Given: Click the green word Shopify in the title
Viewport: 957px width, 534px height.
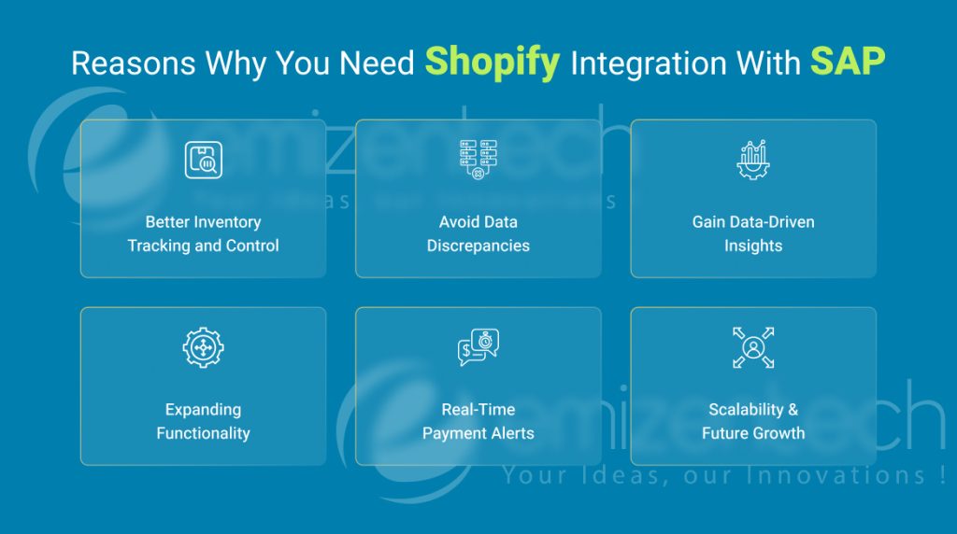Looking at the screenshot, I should tap(493, 62).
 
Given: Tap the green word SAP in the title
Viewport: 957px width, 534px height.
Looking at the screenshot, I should tap(848, 62).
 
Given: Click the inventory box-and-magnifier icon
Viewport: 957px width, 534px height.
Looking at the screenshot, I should tap(203, 161).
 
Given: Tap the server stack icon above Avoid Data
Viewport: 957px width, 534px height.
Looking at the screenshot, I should tap(478, 160).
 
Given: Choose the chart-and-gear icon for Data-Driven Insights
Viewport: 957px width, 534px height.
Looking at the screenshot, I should tap(752, 160).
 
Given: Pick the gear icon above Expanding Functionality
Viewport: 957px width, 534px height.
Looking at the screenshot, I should tap(203, 348).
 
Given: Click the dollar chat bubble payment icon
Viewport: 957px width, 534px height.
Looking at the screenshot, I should tap(478, 348).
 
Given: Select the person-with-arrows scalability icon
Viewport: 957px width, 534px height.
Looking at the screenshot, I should tap(752, 348).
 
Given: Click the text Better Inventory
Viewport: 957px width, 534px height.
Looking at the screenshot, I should tap(203, 222).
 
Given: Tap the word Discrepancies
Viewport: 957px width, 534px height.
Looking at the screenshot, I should tap(478, 246).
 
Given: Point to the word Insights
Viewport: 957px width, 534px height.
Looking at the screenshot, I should tap(752, 246).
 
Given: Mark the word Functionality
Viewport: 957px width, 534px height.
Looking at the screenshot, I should tap(203, 433).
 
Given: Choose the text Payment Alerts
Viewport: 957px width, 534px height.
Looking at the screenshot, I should tap(478, 433).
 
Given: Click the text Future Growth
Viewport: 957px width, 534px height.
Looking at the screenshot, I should tap(752, 433).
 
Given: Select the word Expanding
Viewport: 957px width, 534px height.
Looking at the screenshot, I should tap(203, 410).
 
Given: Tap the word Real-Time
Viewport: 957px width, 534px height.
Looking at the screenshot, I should tap(478, 410).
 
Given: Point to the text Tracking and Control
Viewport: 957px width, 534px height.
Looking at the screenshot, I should tap(203, 246).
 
